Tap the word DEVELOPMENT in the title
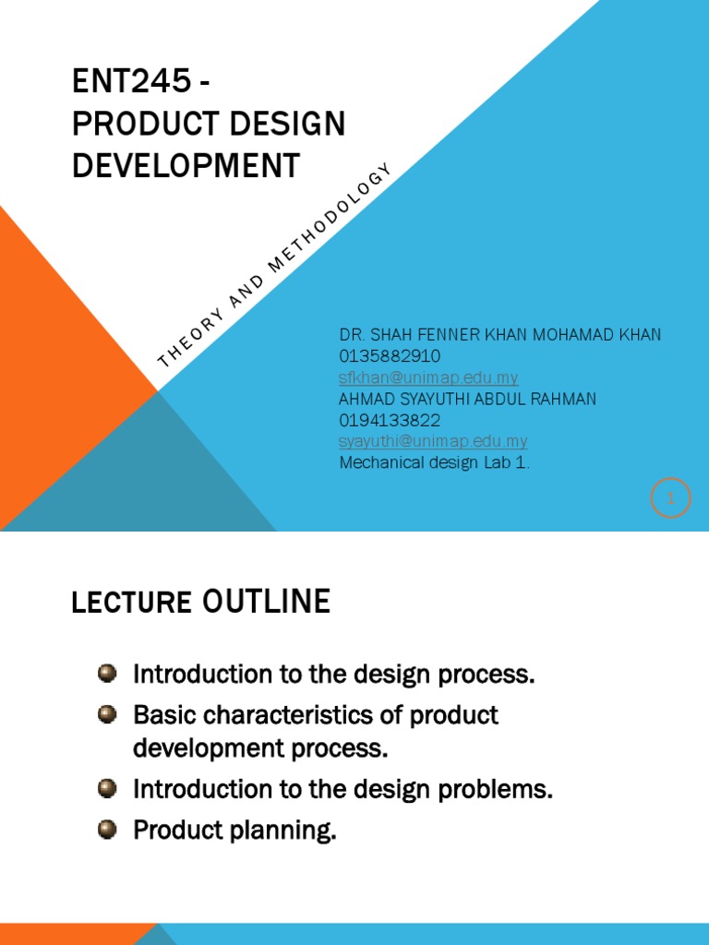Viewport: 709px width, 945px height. (x=186, y=166)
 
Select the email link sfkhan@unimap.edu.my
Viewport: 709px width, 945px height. (x=428, y=377)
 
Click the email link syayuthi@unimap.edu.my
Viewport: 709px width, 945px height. (x=433, y=441)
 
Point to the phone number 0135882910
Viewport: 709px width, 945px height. (x=390, y=356)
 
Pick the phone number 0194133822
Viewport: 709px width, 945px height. (x=390, y=420)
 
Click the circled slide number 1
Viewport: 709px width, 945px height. (x=670, y=498)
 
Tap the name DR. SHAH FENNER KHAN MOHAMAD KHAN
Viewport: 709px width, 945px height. (x=500, y=334)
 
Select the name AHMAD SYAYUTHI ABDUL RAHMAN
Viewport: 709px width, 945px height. (x=468, y=399)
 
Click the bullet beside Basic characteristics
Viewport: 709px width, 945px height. (x=108, y=714)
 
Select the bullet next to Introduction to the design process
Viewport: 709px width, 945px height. (x=108, y=673)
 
